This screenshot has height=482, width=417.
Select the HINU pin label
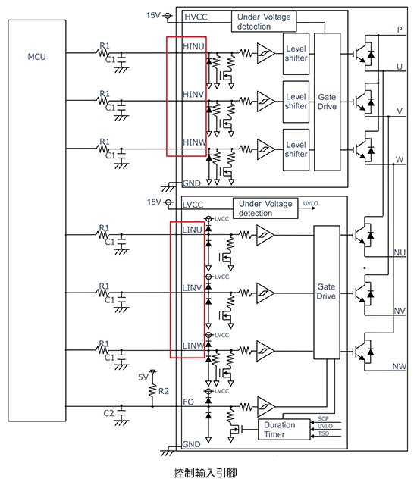(193, 47)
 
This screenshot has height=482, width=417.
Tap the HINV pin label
(193, 95)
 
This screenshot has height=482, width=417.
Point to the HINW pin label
(193, 142)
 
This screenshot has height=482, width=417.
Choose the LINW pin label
(193, 346)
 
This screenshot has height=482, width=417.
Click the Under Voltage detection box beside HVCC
(263, 21)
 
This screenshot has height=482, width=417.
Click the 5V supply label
(143, 377)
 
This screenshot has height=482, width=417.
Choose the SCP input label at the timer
(324, 419)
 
